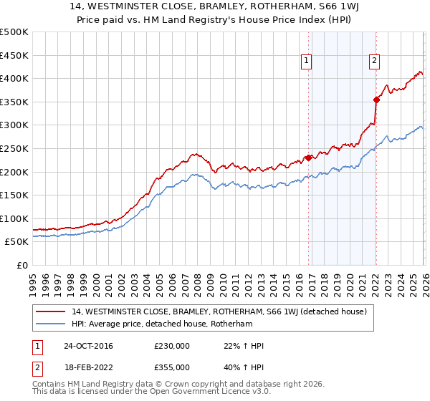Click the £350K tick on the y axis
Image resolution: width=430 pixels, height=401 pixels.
14,102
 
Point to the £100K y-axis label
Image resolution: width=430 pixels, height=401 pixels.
14,218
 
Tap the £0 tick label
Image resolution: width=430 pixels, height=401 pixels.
21,265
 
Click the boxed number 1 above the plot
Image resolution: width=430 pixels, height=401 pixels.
307,62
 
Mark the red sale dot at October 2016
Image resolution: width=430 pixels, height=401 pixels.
308,158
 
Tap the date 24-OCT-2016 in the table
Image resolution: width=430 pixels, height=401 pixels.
89,345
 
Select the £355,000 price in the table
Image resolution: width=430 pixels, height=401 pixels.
172,367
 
